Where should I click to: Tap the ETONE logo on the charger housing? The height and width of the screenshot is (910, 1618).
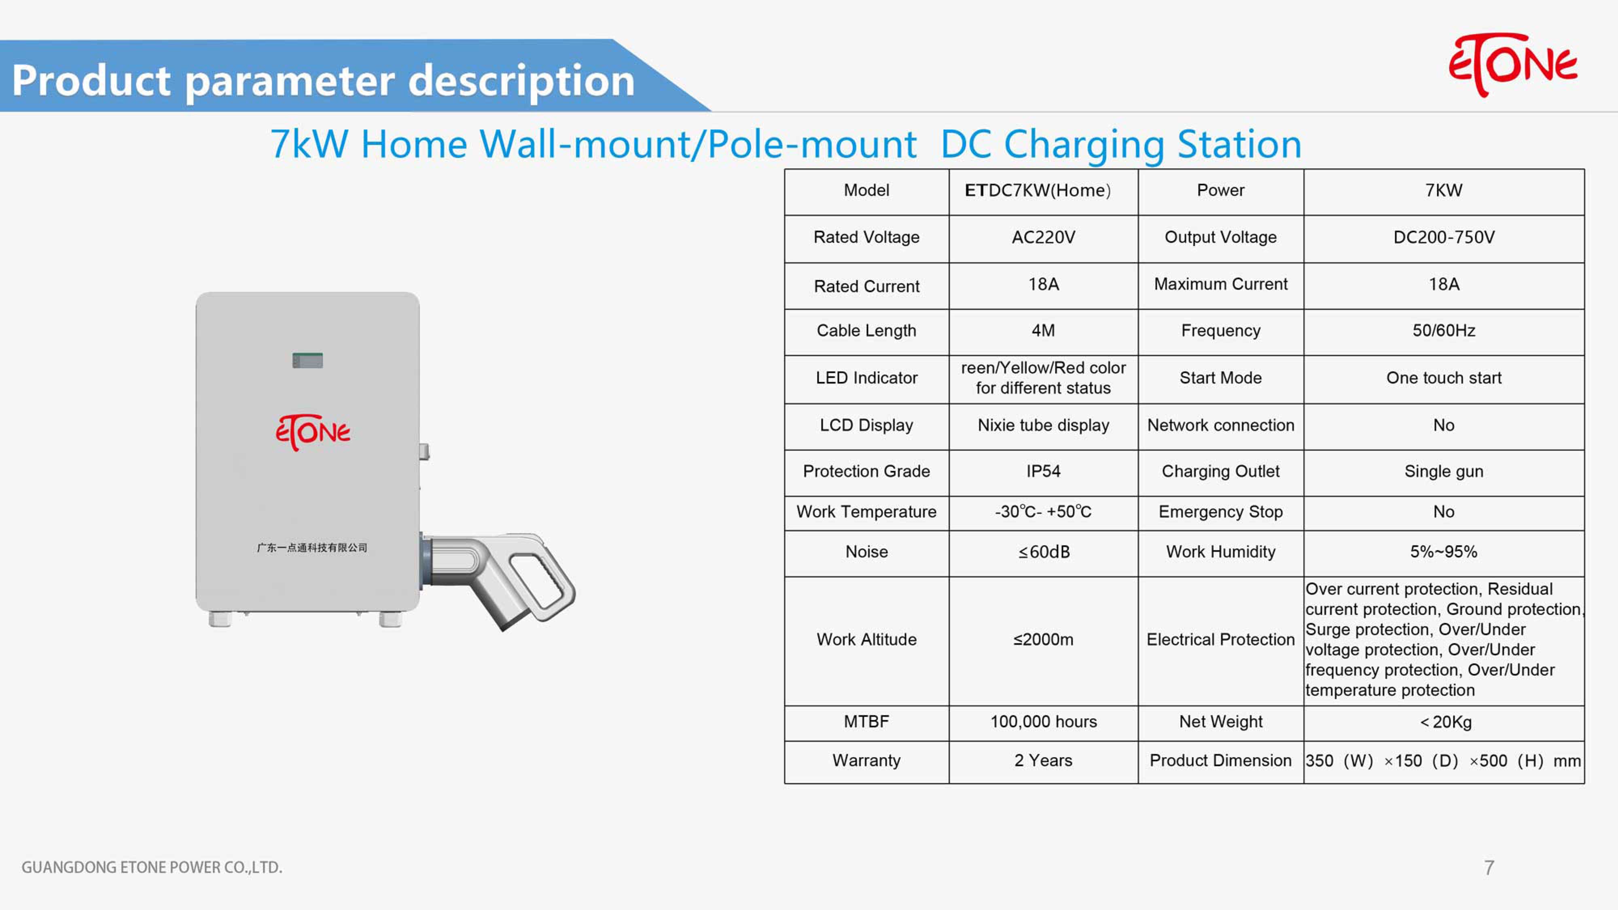click(313, 432)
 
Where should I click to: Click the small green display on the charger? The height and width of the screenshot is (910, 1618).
click(308, 360)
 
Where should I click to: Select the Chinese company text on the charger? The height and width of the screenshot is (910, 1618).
click(312, 548)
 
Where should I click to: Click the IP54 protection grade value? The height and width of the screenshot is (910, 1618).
click(1043, 471)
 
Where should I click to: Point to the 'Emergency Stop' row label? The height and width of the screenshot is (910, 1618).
click(1220, 512)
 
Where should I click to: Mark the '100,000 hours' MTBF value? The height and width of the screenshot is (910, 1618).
click(1043, 722)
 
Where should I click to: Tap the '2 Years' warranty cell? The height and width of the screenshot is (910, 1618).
click(1043, 760)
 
